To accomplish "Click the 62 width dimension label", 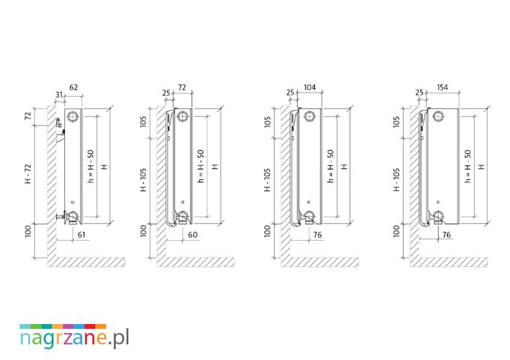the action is point(74,87).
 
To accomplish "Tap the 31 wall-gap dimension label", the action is point(59,95).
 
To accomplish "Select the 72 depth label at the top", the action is point(182,87).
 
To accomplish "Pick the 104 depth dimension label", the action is point(310,87).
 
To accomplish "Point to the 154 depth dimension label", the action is point(442,87).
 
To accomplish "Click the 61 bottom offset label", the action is point(82,235).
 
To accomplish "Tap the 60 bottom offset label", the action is point(193,235).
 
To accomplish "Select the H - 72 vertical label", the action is point(28,173).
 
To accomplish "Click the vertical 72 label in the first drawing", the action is point(28,115).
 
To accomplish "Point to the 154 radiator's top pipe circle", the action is point(439,116).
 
